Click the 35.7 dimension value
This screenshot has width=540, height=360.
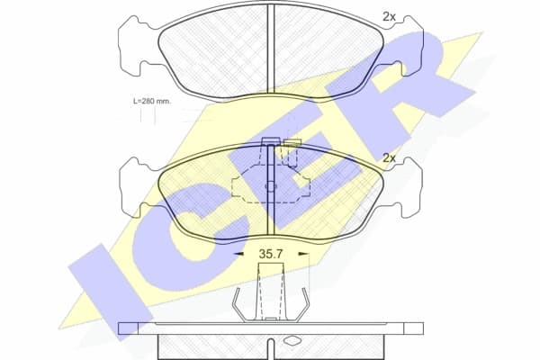coord(271,256)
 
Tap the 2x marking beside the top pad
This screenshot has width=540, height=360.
coord(389,16)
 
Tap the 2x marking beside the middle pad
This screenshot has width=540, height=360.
coord(389,157)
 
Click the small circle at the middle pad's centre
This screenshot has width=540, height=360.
coord(271,187)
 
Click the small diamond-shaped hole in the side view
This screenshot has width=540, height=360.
coord(292,340)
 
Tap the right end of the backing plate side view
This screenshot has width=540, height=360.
coord(418,328)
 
